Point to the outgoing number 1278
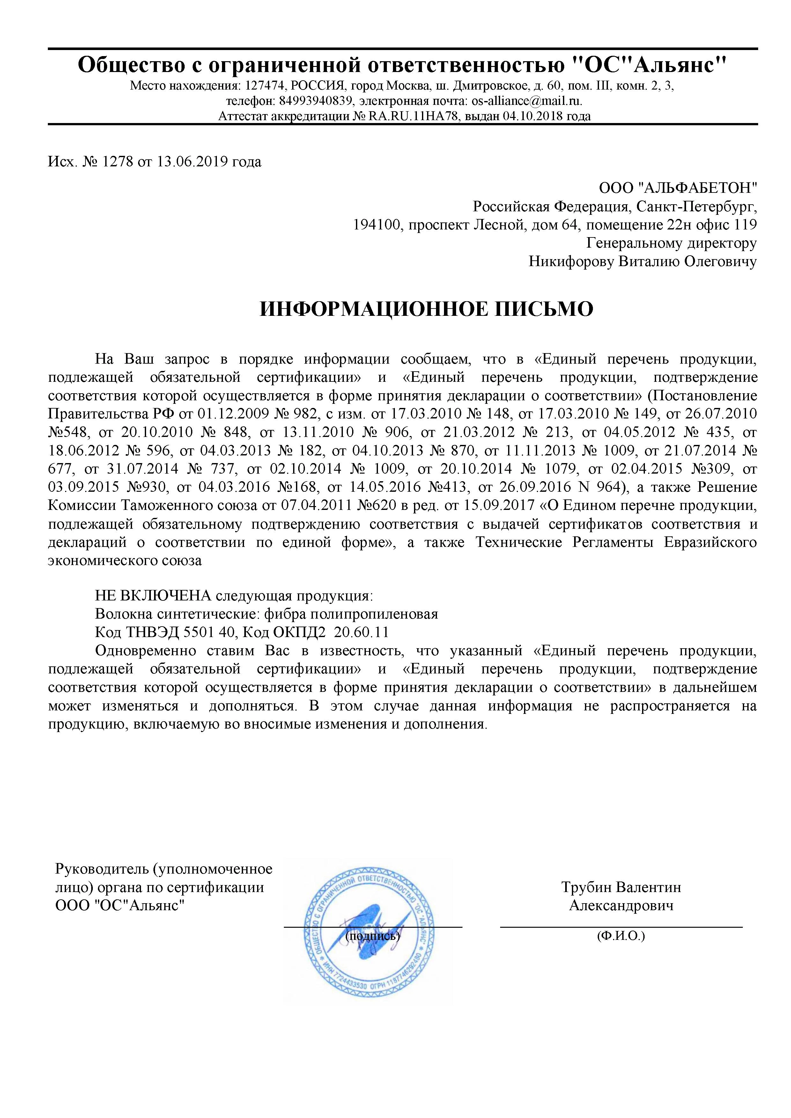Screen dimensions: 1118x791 [x=117, y=161]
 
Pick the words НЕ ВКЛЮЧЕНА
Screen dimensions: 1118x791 [x=153, y=596]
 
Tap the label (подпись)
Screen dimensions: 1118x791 [x=373, y=935]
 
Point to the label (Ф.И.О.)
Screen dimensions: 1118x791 [x=621, y=935]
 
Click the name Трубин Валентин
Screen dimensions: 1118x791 [x=621, y=887]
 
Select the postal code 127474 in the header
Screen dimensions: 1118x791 [x=264, y=86]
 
